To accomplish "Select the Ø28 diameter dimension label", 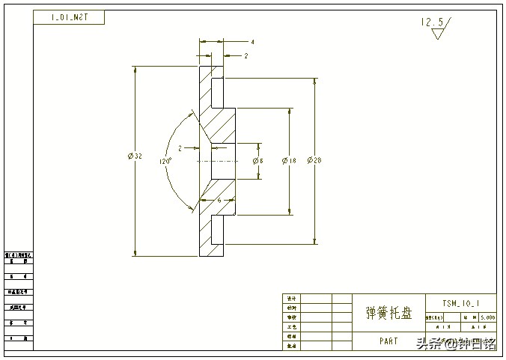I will click(x=314, y=160).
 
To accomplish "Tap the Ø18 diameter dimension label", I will click(x=289, y=160).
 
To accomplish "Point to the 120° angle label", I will click(x=165, y=161).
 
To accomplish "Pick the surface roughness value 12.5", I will click(x=432, y=23).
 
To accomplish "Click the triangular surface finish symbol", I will click(x=438, y=34).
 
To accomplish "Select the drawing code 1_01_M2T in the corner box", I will click(x=69, y=16).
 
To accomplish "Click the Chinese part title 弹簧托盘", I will click(x=388, y=313).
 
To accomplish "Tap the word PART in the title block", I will click(x=388, y=341).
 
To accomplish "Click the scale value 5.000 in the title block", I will click(x=487, y=317).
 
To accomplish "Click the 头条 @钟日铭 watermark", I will click(x=456, y=344).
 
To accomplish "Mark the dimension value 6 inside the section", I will click(x=219, y=201).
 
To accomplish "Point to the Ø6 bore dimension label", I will click(x=257, y=161).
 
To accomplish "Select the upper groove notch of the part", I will click(x=218, y=92).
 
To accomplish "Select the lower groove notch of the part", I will click(x=218, y=229).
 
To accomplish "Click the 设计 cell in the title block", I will click(x=292, y=298).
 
